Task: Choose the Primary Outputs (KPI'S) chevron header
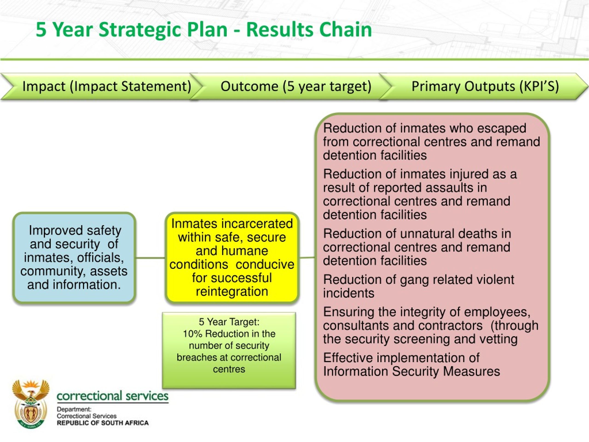click(484, 86)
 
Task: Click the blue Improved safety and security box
click(74, 258)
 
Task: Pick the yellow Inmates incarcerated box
click(232, 258)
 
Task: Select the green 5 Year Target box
click(229, 350)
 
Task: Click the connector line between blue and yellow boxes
click(150, 258)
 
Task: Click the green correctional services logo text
click(112, 396)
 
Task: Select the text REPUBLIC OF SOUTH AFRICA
click(103, 423)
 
